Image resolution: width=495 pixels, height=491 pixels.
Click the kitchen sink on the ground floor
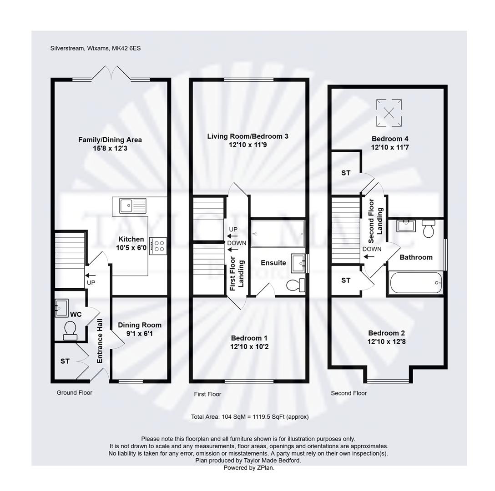click(132, 206)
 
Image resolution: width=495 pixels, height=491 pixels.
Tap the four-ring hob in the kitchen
click(158, 246)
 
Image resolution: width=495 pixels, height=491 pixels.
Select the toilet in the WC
click(70, 331)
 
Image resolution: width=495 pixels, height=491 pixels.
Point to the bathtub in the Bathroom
click(416, 283)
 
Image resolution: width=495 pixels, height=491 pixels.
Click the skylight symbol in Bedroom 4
click(389, 113)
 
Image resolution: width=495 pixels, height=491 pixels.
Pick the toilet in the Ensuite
click(296, 285)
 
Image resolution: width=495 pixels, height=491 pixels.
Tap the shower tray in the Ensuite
click(278, 234)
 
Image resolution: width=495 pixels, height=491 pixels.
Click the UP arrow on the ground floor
click(90, 275)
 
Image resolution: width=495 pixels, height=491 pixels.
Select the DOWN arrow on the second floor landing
click(369, 256)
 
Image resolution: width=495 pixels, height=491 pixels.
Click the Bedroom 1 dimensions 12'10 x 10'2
click(249, 347)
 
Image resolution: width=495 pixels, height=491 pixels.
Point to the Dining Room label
click(140, 325)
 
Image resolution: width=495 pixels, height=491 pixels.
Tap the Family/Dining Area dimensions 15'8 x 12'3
click(110, 148)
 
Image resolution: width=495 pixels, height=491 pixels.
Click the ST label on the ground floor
click(65, 361)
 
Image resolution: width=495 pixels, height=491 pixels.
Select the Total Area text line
click(250, 417)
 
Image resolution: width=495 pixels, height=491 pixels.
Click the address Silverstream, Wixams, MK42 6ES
click(96, 48)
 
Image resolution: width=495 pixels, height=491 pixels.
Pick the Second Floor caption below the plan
click(349, 393)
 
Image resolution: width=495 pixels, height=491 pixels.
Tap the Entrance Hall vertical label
click(100, 341)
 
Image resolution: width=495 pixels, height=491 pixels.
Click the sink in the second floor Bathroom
click(406, 226)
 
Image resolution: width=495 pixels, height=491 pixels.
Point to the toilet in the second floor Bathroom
click(429, 229)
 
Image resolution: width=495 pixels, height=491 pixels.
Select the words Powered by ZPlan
click(249, 468)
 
